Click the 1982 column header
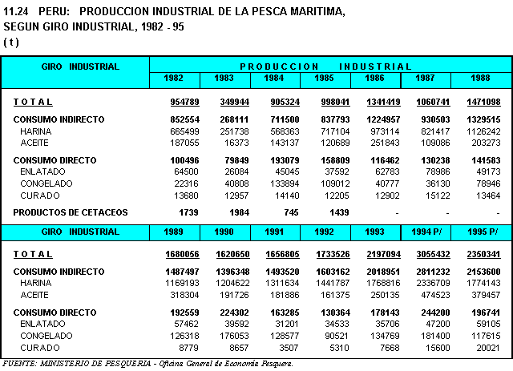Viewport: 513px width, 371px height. pyautogui.click(x=175, y=79)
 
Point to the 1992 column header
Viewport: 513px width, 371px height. pyautogui.click(x=326, y=232)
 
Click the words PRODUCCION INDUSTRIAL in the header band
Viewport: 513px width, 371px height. pyautogui.click(x=325, y=67)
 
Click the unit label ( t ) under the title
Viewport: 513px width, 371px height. pyautogui.click(x=12, y=41)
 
